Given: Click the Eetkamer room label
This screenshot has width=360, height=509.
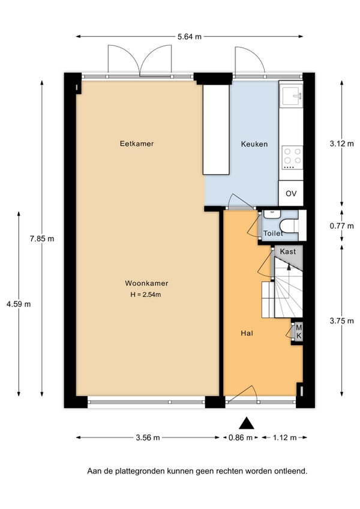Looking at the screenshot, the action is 137,143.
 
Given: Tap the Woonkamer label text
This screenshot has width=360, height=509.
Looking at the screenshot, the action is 146,283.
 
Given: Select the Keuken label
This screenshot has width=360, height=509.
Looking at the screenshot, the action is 254,144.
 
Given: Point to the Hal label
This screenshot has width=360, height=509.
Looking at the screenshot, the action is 247,333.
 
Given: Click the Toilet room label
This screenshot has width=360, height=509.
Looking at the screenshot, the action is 273,233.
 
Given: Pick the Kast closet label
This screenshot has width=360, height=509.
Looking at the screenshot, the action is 287,251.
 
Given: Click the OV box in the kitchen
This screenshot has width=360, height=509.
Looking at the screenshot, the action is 291,193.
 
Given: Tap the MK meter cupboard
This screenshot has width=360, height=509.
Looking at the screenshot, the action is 298,332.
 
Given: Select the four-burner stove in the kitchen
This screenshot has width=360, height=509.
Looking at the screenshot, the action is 292,158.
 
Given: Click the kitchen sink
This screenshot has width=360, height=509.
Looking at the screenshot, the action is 292,95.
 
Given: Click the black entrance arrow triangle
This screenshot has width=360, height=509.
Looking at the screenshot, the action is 247,423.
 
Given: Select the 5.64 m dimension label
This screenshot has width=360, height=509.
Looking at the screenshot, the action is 189,37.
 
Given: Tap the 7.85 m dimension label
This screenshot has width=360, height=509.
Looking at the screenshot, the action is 42,239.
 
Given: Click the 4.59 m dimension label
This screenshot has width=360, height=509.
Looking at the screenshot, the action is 19,304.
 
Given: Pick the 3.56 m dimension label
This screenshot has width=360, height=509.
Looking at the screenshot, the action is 148,438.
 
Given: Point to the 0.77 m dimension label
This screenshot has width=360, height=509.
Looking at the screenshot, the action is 342,226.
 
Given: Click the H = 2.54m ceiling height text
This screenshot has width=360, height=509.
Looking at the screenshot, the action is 146,295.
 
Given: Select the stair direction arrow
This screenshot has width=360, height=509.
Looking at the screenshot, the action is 289,267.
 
